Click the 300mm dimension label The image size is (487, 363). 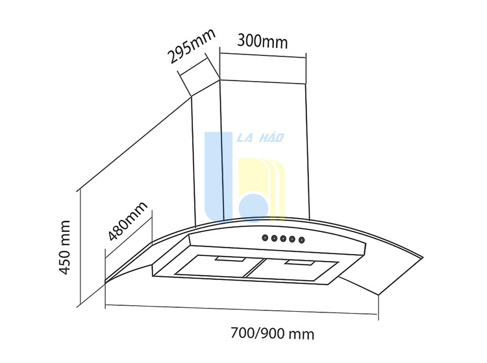click(262, 41)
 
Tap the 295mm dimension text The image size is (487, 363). click(192, 46)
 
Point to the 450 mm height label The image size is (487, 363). click(64, 248)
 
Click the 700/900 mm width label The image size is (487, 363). click(272, 334)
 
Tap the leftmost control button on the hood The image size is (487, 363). click(265, 238)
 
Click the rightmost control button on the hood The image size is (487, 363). click(301, 240)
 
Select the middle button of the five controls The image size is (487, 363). click(283, 239)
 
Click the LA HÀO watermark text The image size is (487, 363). click(260, 137)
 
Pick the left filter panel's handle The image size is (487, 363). click(230, 259)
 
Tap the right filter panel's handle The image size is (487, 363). click(299, 263)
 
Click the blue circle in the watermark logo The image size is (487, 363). click(253, 208)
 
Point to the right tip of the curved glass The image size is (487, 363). click(423, 257)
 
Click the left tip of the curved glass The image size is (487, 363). click(105, 282)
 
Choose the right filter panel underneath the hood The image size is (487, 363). click(292, 270)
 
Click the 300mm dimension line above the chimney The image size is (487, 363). click(263, 55)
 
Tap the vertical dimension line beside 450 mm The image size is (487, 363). click(81, 246)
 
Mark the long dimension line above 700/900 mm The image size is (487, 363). click(242, 309)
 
